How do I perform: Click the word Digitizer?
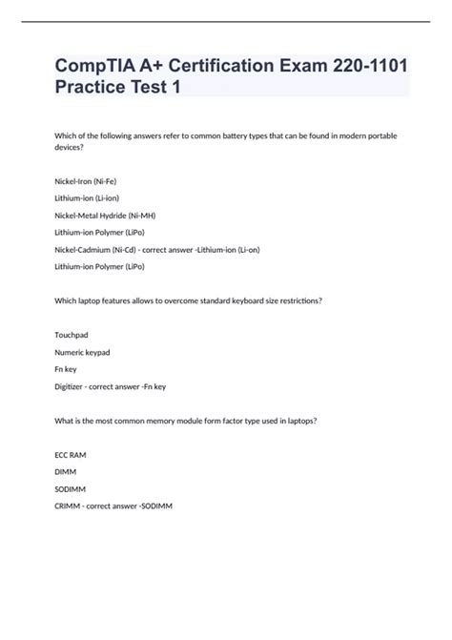[72, 386]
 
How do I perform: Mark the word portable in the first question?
[377, 135]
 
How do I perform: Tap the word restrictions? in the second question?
[295, 299]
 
